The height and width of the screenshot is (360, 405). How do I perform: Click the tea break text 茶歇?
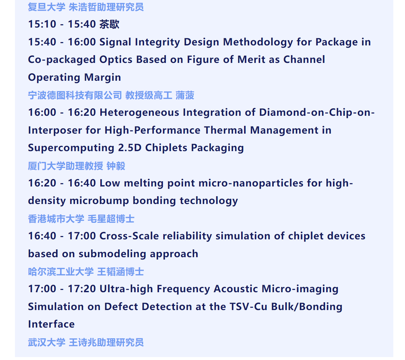[x=109, y=24]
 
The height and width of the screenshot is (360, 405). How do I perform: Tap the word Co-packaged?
[x=62, y=60]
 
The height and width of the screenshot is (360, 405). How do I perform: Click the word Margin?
[x=103, y=78]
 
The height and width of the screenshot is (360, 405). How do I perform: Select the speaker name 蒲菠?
[x=185, y=95]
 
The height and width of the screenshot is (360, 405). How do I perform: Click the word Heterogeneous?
[x=139, y=113]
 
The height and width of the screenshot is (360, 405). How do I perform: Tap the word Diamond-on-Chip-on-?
[x=317, y=112]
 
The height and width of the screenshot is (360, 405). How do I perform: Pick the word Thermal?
[x=225, y=130]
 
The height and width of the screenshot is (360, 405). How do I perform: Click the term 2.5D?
[x=130, y=148]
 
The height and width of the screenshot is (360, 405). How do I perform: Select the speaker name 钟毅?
[x=116, y=166]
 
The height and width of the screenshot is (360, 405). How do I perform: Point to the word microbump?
[x=99, y=201]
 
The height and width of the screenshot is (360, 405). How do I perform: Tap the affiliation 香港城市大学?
[x=56, y=219]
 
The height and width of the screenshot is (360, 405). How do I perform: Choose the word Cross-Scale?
[x=129, y=236]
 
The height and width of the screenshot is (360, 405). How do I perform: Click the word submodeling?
[x=112, y=254]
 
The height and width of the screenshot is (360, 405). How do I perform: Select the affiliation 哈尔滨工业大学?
[x=61, y=272]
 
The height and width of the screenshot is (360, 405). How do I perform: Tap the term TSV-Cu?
[x=248, y=307]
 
